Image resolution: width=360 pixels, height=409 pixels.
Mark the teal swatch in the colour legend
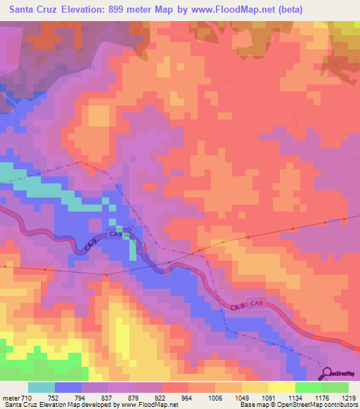pos(41,387)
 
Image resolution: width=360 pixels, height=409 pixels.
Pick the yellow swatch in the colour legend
pos(281,387)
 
